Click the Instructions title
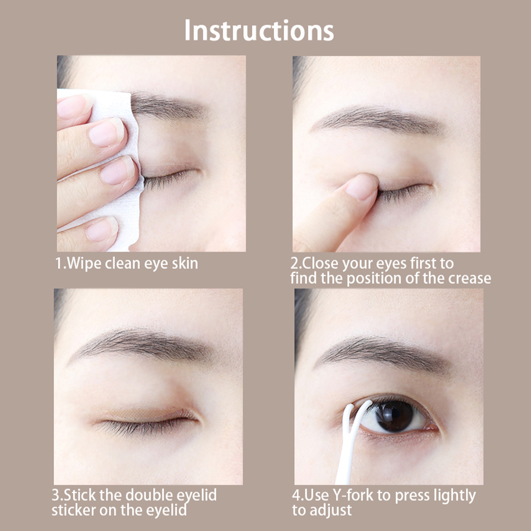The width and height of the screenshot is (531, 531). pyautogui.click(x=259, y=31)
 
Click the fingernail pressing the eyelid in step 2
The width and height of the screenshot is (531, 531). pyautogui.click(x=361, y=187)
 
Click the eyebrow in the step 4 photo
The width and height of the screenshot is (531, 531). pyautogui.click(x=383, y=354)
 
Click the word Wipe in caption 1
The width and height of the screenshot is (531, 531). pyautogui.click(x=85, y=264)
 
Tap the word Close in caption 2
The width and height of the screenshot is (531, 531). pyautogui.click(x=320, y=263)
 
